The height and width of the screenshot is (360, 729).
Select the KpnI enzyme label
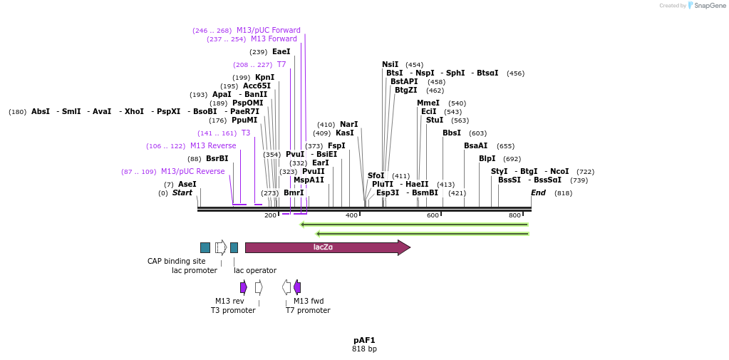tap(264, 78)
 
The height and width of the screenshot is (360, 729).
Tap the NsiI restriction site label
tap(390, 65)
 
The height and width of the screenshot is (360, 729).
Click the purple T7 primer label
tap(281, 65)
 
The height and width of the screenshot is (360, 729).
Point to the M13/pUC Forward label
tap(269, 31)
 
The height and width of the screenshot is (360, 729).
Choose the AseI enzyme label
tap(187, 185)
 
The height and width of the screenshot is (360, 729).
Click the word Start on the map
tap(182, 193)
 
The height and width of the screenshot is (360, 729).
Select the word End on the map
tap(538, 193)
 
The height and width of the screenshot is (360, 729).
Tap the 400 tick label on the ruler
tap(352, 215)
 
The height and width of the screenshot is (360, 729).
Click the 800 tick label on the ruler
tap(515, 215)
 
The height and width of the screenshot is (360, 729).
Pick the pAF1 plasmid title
tap(364, 340)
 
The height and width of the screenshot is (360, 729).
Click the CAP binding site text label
tap(176, 262)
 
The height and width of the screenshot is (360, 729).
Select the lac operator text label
tap(255, 271)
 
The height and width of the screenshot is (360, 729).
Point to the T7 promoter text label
tap(308, 311)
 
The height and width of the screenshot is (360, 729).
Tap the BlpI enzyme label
tap(487, 159)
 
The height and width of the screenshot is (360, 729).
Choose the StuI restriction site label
tap(434, 120)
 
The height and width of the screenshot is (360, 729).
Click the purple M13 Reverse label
tap(213, 146)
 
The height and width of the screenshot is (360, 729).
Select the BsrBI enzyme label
tap(217, 159)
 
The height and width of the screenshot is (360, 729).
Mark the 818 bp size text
tap(364, 349)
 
